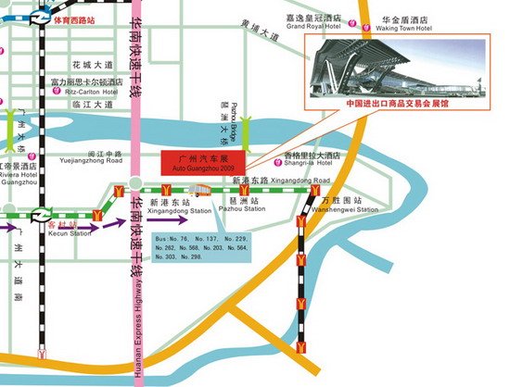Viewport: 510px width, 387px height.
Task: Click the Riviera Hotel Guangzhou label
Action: (x=19, y=176)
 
